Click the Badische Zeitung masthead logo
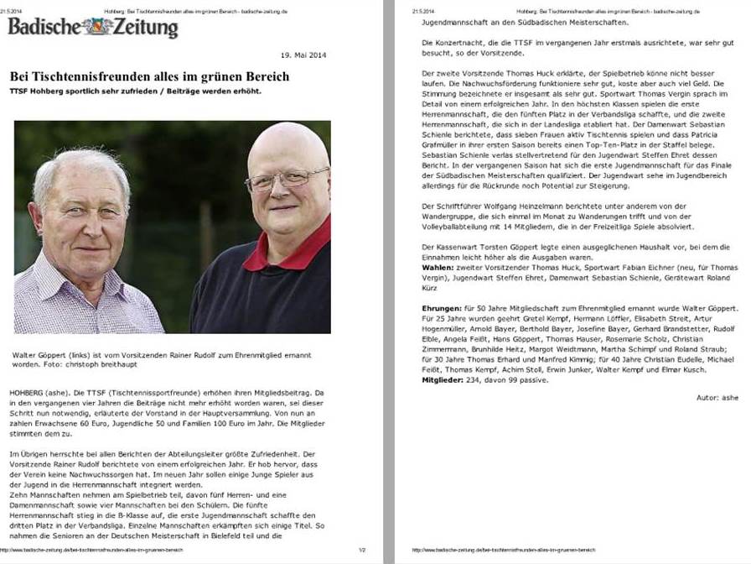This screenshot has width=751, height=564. pyautogui.click(x=93, y=27)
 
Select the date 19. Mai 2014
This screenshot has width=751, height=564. pyautogui.click(x=303, y=55)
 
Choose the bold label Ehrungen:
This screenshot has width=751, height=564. pyautogui.click(x=442, y=310)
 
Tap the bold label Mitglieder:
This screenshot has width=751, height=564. pyautogui.click(x=444, y=380)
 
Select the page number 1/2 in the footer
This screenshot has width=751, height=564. pyautogui.click(x=362, y=551)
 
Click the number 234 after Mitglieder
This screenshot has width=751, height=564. pyautogui.click(x=476, y=380)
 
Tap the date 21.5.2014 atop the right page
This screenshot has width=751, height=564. pyautogui.click(x=422, y=10)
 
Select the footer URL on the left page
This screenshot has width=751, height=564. pyautogui.click(x=92, y=551)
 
